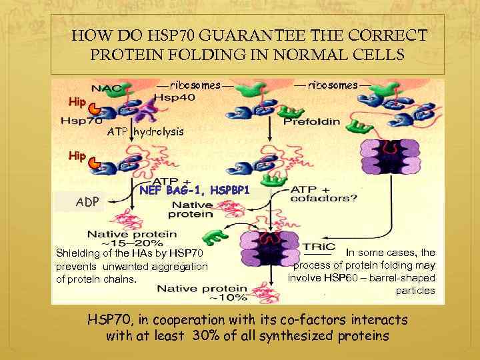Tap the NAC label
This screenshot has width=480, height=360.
tap(107, 89)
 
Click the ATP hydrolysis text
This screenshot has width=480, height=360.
tap(145, 132)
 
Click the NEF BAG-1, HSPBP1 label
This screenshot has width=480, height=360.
tap(195, 191)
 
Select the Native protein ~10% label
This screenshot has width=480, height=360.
tap(193, 293)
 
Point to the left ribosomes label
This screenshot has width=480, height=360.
tap(195, 85)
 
